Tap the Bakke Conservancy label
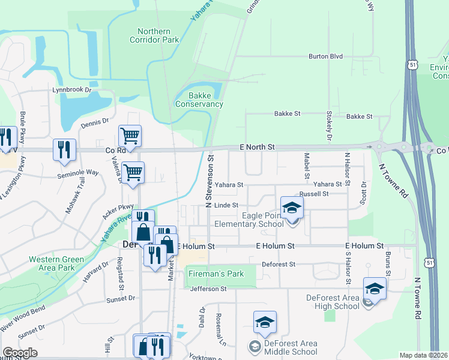click(199, 100)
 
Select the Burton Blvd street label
click(325, 56)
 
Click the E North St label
click(256, 146)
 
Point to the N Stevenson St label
click(209, 181)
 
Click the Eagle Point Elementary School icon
click(292, 208)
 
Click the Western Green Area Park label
click(56, 263)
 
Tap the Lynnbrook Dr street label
click(74, 90)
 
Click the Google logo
click(20, 353)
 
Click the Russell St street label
click(314, 194)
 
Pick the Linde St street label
click(226, 205)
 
